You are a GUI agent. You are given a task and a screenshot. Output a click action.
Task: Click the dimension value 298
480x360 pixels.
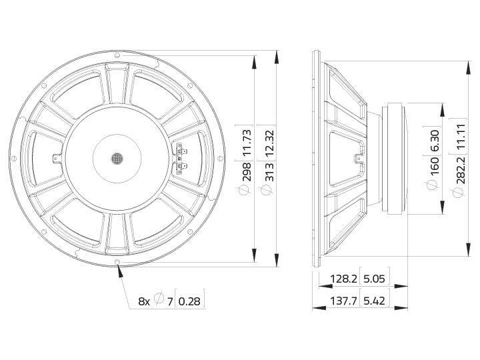(246, 172)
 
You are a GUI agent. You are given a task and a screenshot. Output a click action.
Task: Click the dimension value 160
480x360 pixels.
(435, 165)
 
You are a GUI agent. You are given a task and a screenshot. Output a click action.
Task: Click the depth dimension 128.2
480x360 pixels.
(342, 279)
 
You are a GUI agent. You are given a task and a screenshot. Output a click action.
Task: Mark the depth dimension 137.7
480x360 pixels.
(342, 301)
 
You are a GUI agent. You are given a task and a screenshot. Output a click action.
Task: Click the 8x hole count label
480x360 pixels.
(144, 301)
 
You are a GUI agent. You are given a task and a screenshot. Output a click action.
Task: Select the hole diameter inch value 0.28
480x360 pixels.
(189, 301)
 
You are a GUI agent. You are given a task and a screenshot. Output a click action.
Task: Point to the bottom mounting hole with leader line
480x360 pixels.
(118, 262)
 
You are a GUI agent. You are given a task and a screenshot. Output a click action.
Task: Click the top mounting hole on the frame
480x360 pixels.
(118, 55)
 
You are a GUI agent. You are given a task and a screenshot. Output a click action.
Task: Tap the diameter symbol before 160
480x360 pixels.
(435, 182)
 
